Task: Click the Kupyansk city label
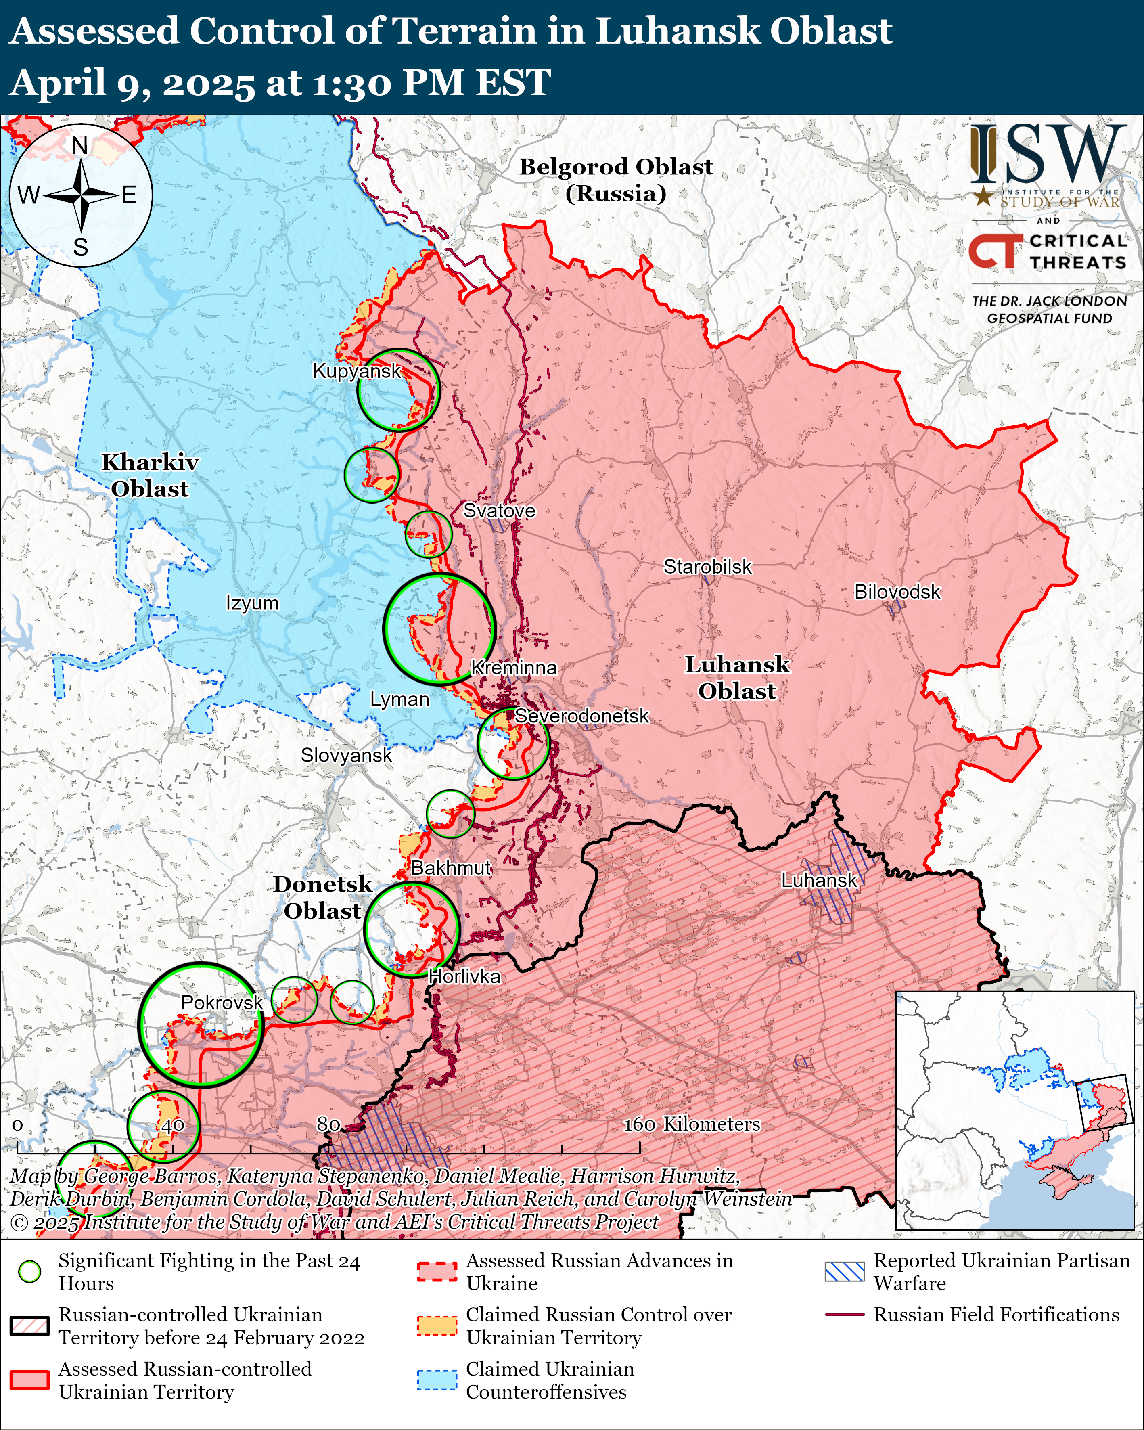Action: pyautogui.click(x=357, y=371)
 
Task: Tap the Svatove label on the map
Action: pyautogui.click(x=499, y=511)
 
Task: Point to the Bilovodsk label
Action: pyautogui.click(x=897, y=592)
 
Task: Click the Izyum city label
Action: pyautogui.click(x=252, y=603)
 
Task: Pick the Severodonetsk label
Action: pyautogui.click(x=581, y=716)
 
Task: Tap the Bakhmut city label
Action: pyautogui.click(x=451, y=867)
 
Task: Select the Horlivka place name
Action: pyautogui.click(x=464, y=976)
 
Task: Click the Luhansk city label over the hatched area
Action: pyautogui.click(x=819, y=881)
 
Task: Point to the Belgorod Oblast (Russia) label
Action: pyautogui.click(x=615, y=180)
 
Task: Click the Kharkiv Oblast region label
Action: pyautogui.click(x=150, y=475)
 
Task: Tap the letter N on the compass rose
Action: pyautogui.click(x=79, y=145)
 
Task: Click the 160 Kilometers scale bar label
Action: pyautogui.click(x=691, y=1124)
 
